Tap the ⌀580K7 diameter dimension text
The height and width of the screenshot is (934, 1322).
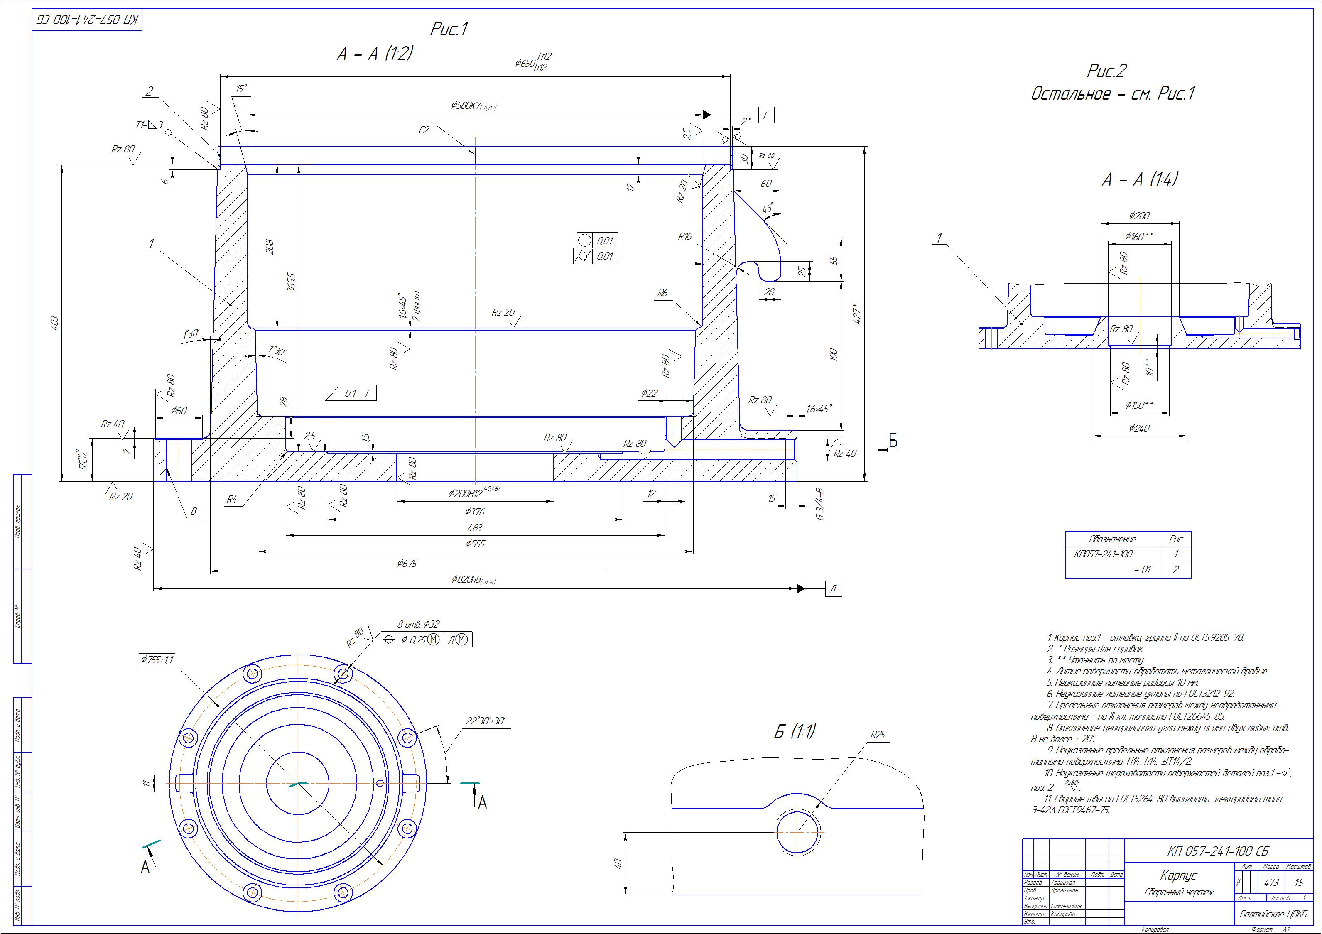tap(473, 107)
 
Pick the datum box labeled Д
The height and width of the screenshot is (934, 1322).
tap(834, 588)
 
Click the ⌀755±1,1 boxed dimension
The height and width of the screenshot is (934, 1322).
tap(156, 659)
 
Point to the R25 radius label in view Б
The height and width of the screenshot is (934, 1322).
tap(878, 735)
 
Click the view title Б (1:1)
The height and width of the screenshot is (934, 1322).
tap(794, 732)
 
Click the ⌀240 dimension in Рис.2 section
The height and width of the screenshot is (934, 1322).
tap(1138, 429)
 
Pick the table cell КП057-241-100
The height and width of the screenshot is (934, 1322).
tap(1103, 554)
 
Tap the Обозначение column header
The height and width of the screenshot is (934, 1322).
tap(1112, 539)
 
